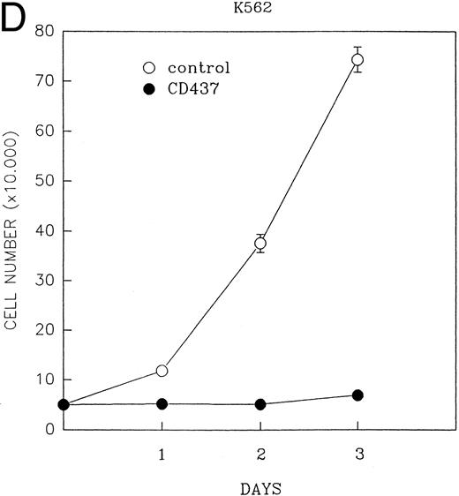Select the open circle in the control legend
point(149,67)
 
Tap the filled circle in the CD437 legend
point(149,90)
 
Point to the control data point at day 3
point(357,60)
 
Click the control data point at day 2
point(260,244)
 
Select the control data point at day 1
point(162,371)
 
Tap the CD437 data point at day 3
point(357,395)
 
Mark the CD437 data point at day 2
point(260,404)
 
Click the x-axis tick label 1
point(162,452)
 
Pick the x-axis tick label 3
point(357,452)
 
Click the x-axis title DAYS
point(260,485)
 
